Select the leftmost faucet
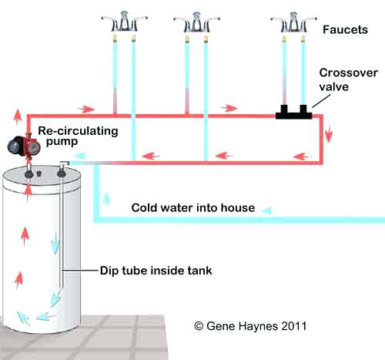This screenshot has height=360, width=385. click(x=124, y=22)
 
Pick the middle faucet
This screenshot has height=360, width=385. click(x=196, y=22)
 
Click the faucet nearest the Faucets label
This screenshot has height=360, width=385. click(x=293, y=22)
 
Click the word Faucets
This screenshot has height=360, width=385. click(x=345, y=30)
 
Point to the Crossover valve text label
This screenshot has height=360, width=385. click(x=348, y=79)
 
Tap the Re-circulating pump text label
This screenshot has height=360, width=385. click(x=78, y=136)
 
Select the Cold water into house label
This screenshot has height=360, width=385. click(x=193, y=207)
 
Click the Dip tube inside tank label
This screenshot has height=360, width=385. click(x=156, y=271)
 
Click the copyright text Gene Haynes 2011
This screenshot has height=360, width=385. click(x=250, y=326)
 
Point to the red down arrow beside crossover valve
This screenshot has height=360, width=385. click(x=329, y=134)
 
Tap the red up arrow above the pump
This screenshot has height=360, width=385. click(x=18, y=117)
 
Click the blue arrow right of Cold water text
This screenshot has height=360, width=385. click(x=269, y=211)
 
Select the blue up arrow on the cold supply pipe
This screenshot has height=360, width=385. click(x=106, y=200)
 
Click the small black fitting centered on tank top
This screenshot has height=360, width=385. click(x=39, y=173)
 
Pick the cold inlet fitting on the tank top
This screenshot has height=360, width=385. click(x=61, y=173)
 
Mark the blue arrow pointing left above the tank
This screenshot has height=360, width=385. click(x=80, y=156)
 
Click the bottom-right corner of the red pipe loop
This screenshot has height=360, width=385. click(x=321, y=163)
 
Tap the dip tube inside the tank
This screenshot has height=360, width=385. click(x=62, y=231)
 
